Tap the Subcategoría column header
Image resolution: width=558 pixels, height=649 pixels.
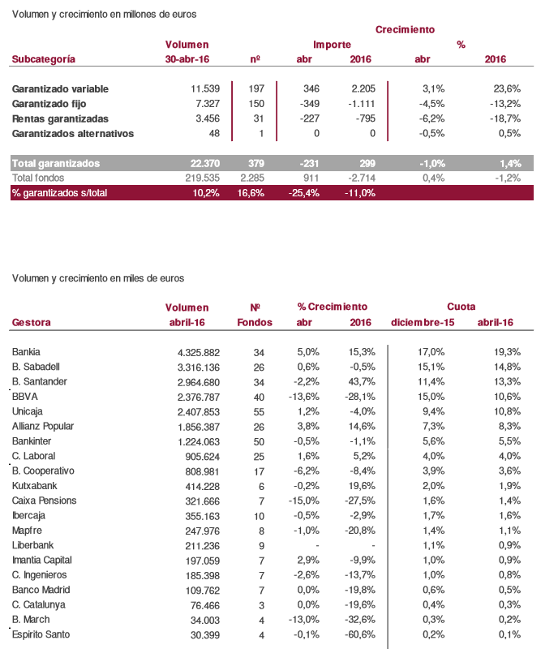coord(44,59)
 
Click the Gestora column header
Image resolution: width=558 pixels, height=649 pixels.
coord(32,322)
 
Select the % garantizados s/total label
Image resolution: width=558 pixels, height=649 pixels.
coord(59,192)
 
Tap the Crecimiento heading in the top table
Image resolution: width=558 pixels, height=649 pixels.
coord(405,29)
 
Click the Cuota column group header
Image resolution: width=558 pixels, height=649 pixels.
coord(461,307)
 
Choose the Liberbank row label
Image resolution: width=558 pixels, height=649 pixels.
coord(32,545)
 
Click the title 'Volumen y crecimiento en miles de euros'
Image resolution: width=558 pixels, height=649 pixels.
coord(98,278)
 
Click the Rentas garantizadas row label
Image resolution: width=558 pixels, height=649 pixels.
coord(61,118)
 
